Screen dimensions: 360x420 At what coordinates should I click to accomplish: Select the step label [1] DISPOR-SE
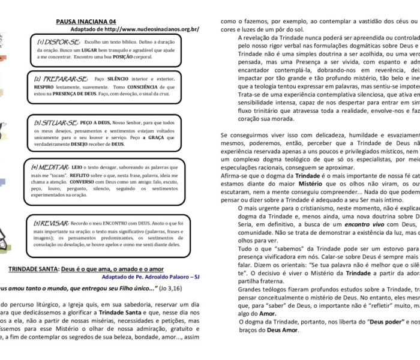pos(58,43)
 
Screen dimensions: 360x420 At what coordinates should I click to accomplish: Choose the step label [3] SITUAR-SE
pos(58,122)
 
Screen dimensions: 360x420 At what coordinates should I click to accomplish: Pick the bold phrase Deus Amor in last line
pos(270,330)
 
